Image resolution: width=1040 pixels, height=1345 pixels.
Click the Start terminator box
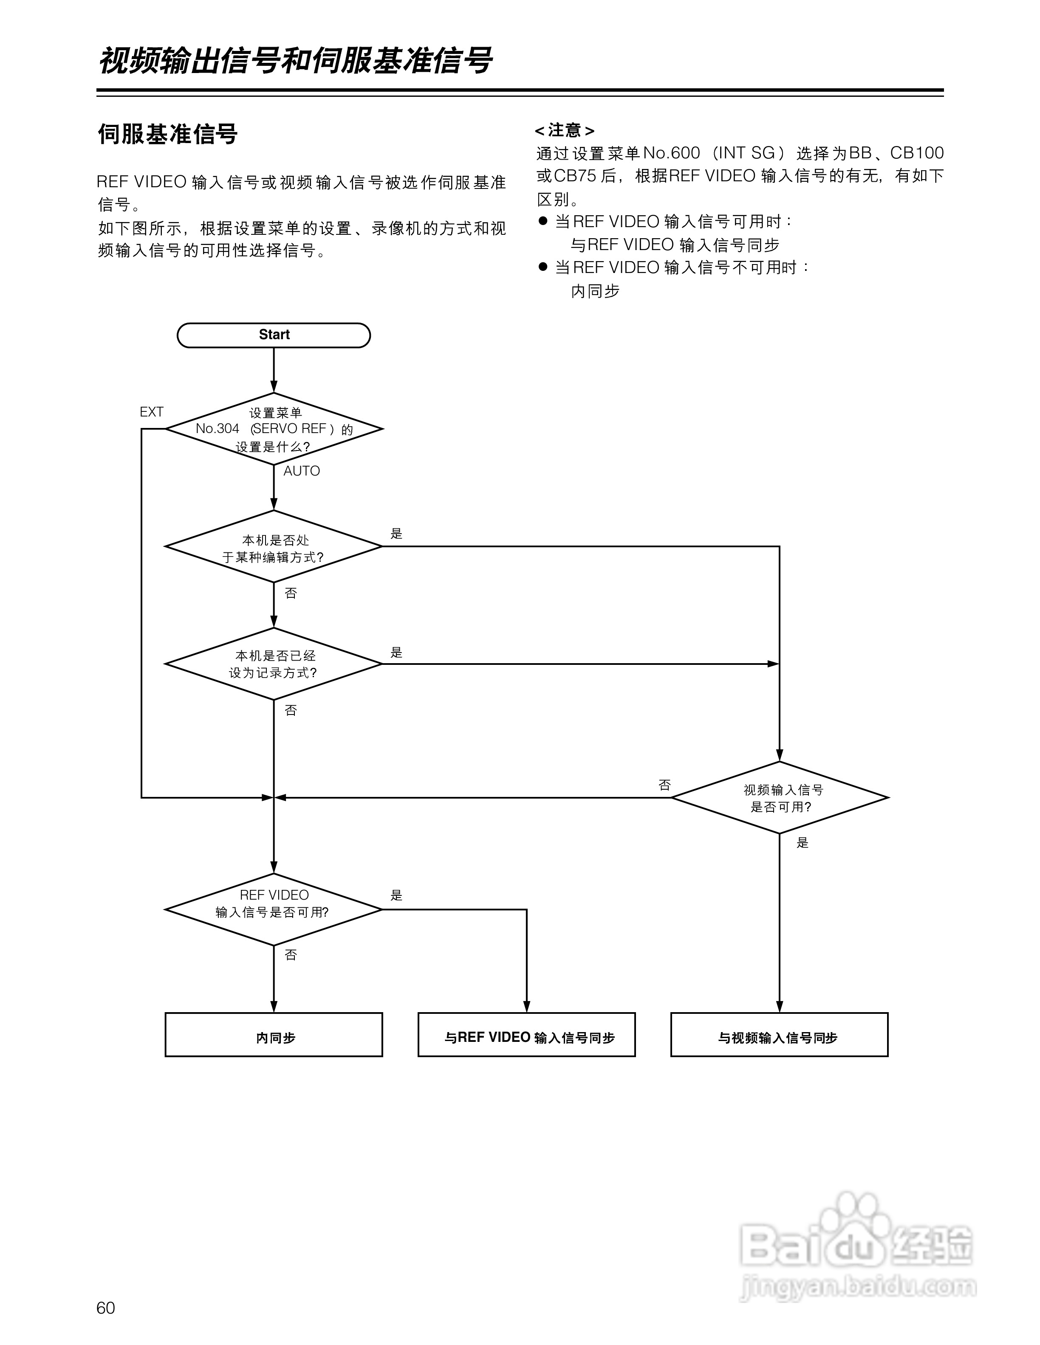[274, 335]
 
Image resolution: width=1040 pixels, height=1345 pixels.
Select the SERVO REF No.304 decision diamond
[274, 429]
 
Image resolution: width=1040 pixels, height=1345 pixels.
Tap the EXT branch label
[152, 412]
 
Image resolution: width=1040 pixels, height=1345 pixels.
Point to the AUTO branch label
[301, 471]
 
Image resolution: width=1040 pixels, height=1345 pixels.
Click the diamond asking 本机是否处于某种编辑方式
[274, 547]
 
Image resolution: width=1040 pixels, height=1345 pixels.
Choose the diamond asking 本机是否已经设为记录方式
[274, 664]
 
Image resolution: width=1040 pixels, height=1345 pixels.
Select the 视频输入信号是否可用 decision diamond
[780, 797]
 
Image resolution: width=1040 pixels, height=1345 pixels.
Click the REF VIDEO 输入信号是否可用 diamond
[274, 909]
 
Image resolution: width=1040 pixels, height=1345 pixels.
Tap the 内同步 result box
[274, 1038]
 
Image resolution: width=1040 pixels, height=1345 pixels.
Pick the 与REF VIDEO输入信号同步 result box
[527, 1038]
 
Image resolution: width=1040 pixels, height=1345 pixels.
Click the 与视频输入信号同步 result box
[780, 1038]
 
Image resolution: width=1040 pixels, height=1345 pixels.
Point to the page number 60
[106, 1308]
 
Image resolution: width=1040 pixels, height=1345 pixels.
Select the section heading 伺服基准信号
[167, 134]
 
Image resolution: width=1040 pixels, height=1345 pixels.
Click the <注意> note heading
[564, 131]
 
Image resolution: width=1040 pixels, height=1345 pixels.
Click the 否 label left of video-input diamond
[664, 785]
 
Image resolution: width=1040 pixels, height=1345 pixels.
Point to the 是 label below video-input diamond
[802, 842]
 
